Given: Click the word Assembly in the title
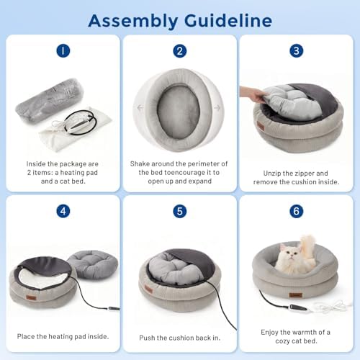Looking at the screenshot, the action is coord(133,21).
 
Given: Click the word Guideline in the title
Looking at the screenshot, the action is coord(228,20).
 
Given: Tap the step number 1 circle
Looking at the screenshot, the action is coord(63,51).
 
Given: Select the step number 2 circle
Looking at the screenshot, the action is coord(180,51).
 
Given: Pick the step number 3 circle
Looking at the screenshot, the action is coord(297,51).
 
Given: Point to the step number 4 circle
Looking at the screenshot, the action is coord(63,211).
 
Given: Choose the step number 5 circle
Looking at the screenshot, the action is coord(180,211).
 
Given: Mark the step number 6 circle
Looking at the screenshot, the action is coord(297,211).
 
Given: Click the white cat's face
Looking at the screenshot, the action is coord(289,253).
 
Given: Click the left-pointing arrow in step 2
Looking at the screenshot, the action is coord(140,107).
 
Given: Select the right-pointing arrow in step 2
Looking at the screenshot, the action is coord(217,108).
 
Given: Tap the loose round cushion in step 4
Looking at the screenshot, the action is coord(92,264).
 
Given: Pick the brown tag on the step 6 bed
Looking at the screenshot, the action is coord(295,294).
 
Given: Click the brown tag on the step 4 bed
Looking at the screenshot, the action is coord(31,298).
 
